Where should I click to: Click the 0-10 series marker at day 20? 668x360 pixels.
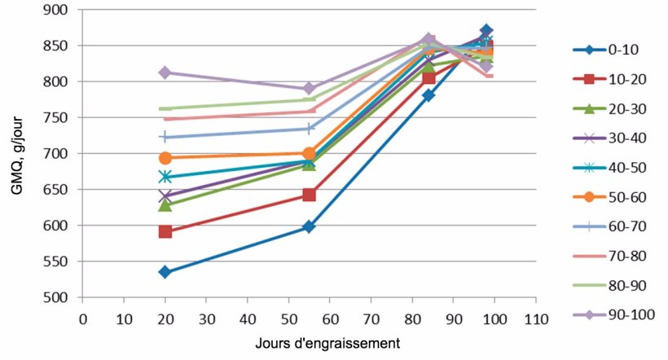pyautogui.click(x=165, y=272)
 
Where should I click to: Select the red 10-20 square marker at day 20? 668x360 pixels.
pyautogui.click(x=165, y=232)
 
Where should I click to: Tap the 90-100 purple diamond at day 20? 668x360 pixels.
pyautogui.click(x=165, y=72)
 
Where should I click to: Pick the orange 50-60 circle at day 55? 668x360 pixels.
pyautogui.click(x=309, y=153)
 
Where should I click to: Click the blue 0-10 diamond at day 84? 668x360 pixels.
pyautogui.click(x=428, y=95)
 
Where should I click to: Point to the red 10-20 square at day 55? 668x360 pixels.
pyautogui.click(x=309, y=195)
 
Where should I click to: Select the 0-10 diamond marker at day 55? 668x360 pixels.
pyautogui.click(x=309, y=226)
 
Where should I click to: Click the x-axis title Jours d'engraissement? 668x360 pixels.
pyautogui.click(x=309, y=343)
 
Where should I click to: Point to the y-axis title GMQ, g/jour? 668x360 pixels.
pyautogui.click(x=14, y=154)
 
